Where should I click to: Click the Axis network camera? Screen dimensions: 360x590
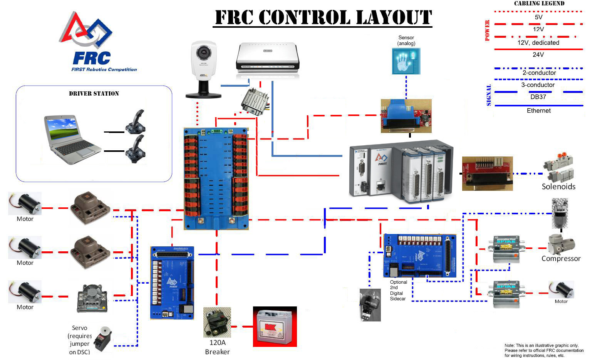[x=203, y=69]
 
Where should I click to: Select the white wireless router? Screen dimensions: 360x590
[x=267, y=61]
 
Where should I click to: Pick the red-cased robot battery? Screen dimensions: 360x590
[x=275, y=327]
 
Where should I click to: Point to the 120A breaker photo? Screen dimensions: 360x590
[x=217, y=322]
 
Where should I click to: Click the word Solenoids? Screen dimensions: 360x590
[x=558, y=187]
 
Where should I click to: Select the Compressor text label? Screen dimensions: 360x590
[x=561, y=259]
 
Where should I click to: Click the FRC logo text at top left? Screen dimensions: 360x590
[x=92, y=59]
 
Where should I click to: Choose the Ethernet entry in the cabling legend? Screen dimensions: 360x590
[x=538, y=111]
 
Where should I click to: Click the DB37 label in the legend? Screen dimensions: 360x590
[x=538, y=97]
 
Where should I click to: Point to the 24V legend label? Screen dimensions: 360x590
[x=538, y=55]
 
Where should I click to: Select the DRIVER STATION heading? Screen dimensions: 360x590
[x=94, y=94]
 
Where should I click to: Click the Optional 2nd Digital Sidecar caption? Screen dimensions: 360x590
[x=398, y=290]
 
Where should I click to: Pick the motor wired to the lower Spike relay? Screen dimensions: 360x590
[x=561, y=290]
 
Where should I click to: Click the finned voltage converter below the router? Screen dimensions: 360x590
[x=254, y=102]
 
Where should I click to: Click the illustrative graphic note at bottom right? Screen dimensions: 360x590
[x=544, y=350]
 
